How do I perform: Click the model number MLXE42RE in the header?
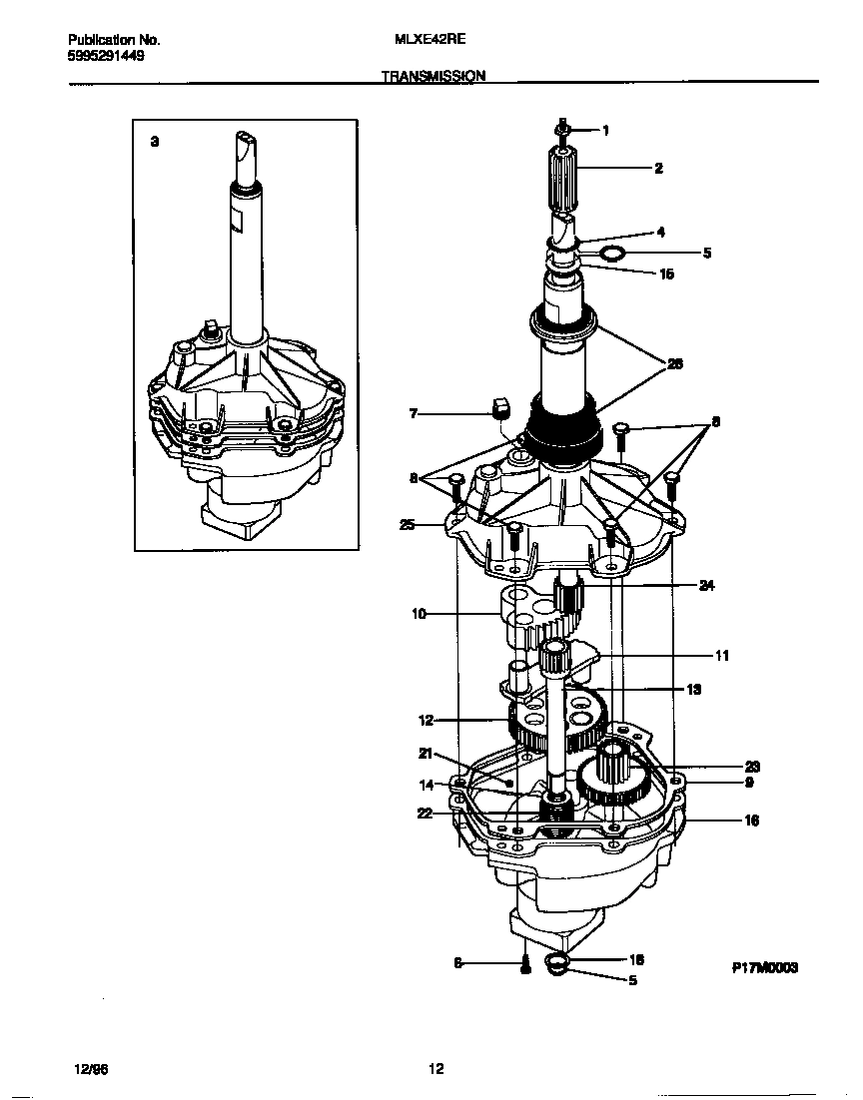(431, 40)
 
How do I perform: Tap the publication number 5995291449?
(106, 56)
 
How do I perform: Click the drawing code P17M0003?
(765, 968)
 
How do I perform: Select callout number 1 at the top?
(605, 130)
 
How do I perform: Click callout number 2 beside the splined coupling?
(658, 169)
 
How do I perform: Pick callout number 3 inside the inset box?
(154, 142)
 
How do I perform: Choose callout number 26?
(675, 364)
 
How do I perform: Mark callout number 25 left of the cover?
(407, 524)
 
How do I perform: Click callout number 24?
(707, 586)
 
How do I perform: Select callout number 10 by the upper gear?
(420, 615)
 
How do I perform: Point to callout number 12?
(426, 719)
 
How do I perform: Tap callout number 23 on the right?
(752, 767)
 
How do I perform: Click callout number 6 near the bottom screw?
(458, 963)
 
